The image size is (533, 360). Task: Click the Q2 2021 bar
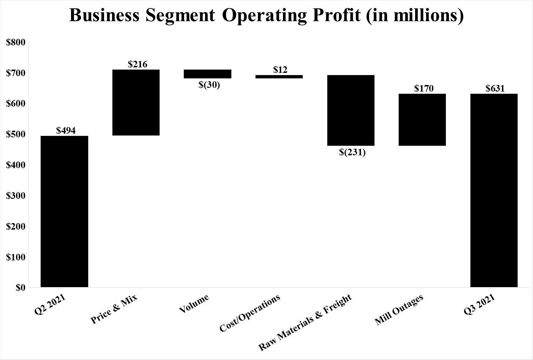click(64, 211)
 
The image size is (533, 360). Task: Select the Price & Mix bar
click(136, 103)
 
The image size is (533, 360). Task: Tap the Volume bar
click(208, 74)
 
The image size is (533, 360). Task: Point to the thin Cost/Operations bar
click(279, 77)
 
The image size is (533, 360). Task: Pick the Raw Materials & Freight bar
click(351, 110)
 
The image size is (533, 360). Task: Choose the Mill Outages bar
click(422, 120)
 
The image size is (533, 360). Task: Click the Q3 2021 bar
click(494, 190)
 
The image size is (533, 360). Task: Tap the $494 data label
click(66, 130)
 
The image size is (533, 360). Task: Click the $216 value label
click(138, 64)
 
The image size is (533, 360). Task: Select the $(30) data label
click(209, 85)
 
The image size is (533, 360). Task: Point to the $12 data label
click(280, 70)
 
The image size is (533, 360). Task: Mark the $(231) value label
click(352, 152)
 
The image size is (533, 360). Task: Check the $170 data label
click(424, 88)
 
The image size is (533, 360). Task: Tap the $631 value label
click(495, 88)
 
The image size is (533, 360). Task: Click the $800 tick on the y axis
click(16, 42)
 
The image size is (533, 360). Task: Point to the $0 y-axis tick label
click(20, 288)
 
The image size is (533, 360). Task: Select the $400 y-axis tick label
click(16, 165)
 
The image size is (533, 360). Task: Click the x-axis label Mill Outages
click(399, 310)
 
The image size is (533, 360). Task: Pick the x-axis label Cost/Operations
click(250, 313)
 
